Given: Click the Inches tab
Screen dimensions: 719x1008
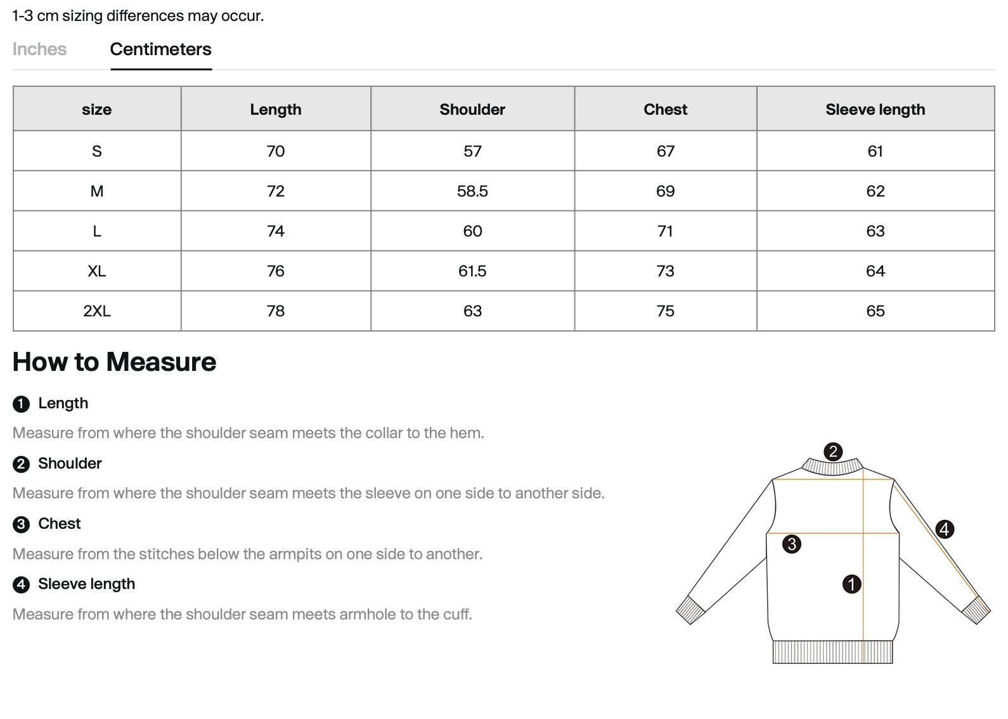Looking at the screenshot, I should tap(39, 49).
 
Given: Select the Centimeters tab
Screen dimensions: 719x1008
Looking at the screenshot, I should tap(160, 49).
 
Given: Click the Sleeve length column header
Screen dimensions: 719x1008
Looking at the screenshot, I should tap(875, 109).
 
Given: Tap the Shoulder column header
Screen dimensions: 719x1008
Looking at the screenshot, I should tap(472, 109).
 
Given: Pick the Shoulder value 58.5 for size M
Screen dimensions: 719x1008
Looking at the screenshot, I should tap(472, 191).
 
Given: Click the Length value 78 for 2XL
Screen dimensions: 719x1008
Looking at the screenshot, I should tap(276, 311).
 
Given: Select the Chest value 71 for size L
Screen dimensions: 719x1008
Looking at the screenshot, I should tap(665, 231).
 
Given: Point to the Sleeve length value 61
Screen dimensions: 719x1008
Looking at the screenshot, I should tap(875, 151).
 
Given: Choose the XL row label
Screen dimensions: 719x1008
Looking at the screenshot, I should tap(97, 271).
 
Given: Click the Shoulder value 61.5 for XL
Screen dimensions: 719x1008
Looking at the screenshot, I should tap(472, 271).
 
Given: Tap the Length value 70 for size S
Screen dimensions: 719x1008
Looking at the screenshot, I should tap(276, 151).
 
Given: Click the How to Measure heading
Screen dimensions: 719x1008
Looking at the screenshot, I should tap(114, 362).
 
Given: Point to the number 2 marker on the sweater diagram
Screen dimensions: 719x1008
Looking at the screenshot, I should tap(833, 451).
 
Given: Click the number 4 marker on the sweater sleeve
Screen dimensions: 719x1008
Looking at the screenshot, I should tap(945, 529).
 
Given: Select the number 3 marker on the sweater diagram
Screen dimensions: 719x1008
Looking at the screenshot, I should tap(791, 544).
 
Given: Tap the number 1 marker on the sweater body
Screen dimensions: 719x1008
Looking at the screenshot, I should tap(851, 584).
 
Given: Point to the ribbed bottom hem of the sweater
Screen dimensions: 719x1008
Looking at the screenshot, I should tap(832, 652).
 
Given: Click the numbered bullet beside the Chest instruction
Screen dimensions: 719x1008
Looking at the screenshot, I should tap(21, 524).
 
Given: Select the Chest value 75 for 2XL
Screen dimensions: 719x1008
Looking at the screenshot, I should tap(665, 311).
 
